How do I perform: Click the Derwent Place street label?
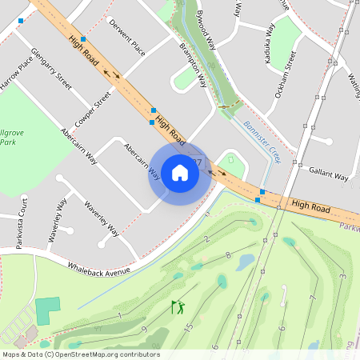click(x=127, y=38)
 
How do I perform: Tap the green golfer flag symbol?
click(x=177, y=306)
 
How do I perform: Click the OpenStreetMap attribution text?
click(x=81, y=354)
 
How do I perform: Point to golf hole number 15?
click(x=190, y=326)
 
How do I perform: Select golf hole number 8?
click(x=228, y=255)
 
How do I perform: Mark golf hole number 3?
click(x=342, y=276)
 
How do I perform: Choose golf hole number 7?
click(x=313, y=298)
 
